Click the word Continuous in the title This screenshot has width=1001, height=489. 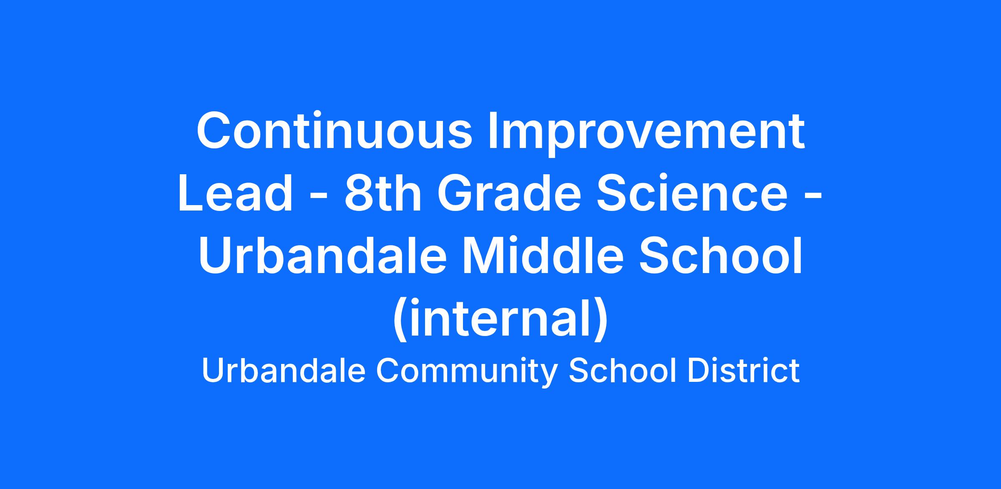[334, 130]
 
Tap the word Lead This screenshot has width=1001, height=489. [236, 193]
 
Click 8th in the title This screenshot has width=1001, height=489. [383, 193]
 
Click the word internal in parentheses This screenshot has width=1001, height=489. [500, 319]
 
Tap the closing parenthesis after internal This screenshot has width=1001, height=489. [601, 321]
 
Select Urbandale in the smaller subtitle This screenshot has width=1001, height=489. [284, 371]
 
